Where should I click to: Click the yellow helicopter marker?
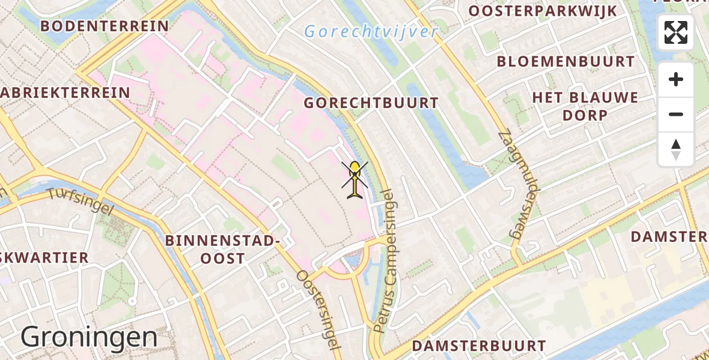tap(355, 179)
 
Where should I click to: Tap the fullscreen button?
tap(676, 32)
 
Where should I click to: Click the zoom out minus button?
tap(676, 114)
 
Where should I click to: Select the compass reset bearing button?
tap(676, 149)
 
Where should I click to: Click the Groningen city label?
tap(89, 337)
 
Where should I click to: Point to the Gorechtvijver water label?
tap(371, 31)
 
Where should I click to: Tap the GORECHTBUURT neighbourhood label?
tap(371, 103)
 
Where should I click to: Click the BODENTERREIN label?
tap(105, 26)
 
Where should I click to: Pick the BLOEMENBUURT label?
tap(565, 62)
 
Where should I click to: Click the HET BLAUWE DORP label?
tap(585, 106)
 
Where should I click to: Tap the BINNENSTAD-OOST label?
tap(223, 250)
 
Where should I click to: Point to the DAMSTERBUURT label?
tap(478, 346)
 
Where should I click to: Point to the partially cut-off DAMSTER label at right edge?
tap(669, 236)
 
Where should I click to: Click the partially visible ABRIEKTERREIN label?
tap(65, 92)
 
